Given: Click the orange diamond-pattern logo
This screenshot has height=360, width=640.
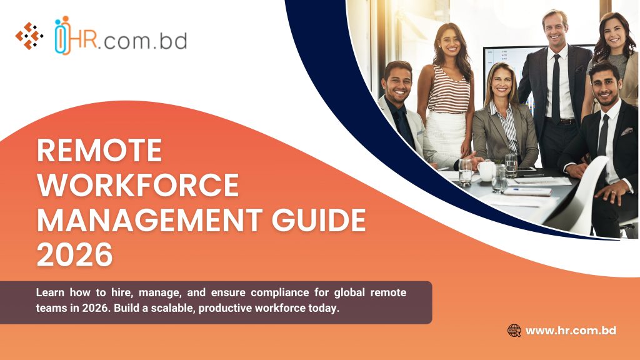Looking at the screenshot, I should click(x=29, y=36).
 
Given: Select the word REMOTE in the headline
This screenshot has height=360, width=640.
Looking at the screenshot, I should click(x=99, y=151).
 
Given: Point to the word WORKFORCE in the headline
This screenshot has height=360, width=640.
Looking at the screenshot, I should click(x=137, y=186).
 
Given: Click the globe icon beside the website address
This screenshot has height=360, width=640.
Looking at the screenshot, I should click(x=514, y=331).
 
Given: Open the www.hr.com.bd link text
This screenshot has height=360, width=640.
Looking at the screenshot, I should click(x=571, y=331).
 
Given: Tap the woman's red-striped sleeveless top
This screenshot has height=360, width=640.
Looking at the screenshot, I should click(x=448, y=93).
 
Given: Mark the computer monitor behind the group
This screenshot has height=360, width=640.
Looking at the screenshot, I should click(x=500, y=59).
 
